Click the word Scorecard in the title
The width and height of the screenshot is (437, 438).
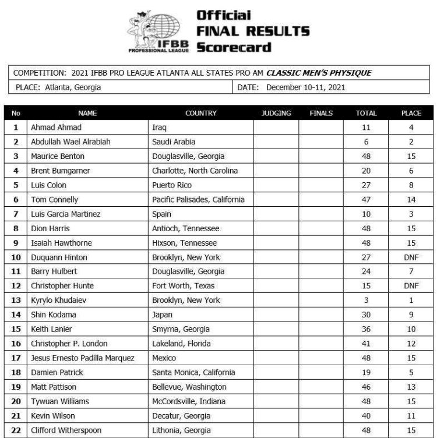(234, 47)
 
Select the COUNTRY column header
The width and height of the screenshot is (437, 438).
(200, 113)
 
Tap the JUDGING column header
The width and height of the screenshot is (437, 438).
(276, 113)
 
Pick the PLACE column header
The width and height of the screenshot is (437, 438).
(411, 113)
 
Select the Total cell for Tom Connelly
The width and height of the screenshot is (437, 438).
(366, 199)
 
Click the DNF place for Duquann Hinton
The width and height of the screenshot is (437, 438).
(411, 257)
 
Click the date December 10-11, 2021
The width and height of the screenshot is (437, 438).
(305, 87)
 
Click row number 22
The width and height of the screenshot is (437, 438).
(16, 430)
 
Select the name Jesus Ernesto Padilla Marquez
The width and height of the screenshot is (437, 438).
(82, 358)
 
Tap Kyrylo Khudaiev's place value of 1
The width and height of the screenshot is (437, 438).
(411, 300)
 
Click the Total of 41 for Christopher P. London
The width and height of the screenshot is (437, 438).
(366, 343)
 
